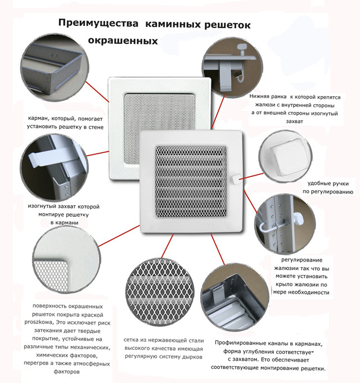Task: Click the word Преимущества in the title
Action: pos(98,24)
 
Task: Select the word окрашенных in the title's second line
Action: pos(123,40)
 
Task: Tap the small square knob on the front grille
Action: pos(235,179)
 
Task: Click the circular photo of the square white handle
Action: pos(285,156)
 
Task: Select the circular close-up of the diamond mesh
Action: pos(160,292)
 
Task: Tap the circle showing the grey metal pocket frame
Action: pos(55,67)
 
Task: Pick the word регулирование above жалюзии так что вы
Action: pos(301,260)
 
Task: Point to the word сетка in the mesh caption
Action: pos(131,340)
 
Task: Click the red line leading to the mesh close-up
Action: pos(167,246)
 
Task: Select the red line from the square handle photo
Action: pos(251,177)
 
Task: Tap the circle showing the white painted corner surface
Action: pos(66,259)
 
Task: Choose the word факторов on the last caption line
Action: pos(66,372)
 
